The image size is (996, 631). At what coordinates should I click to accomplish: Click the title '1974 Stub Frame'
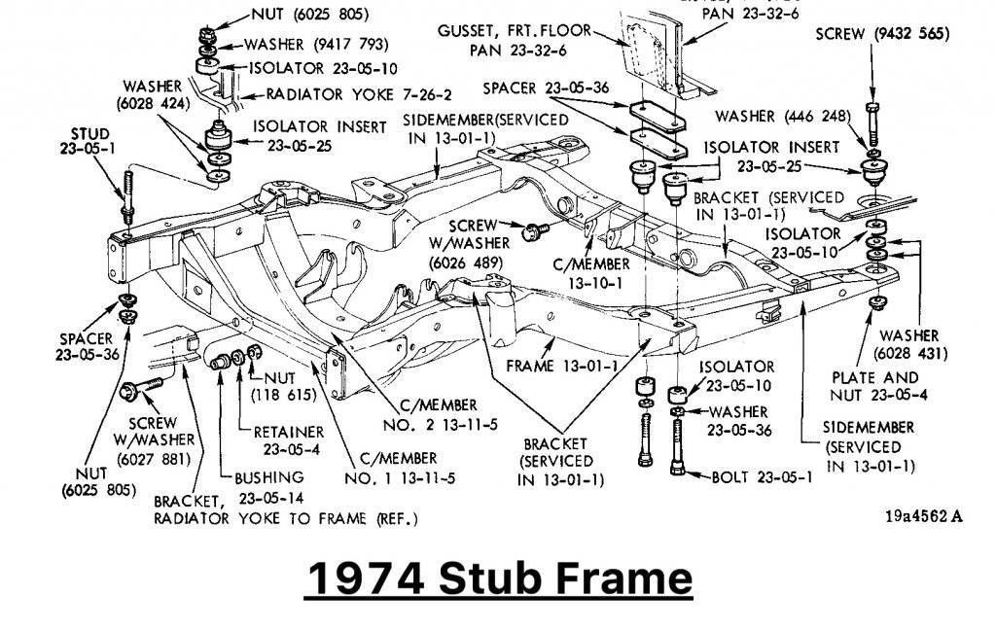pyautogui.click(x=498, y=578)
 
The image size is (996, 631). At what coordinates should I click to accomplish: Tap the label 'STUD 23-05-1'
pyautogui.click(x=89, y=140)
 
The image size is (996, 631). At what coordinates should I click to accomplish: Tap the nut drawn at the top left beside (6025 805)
pyautogui.click(x=205, y=38)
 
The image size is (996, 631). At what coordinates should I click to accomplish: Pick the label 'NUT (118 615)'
pyautogui.click(x=280, y=387)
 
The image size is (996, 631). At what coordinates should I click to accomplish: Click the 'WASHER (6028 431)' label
pyautogui.click(x=909, y=343)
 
